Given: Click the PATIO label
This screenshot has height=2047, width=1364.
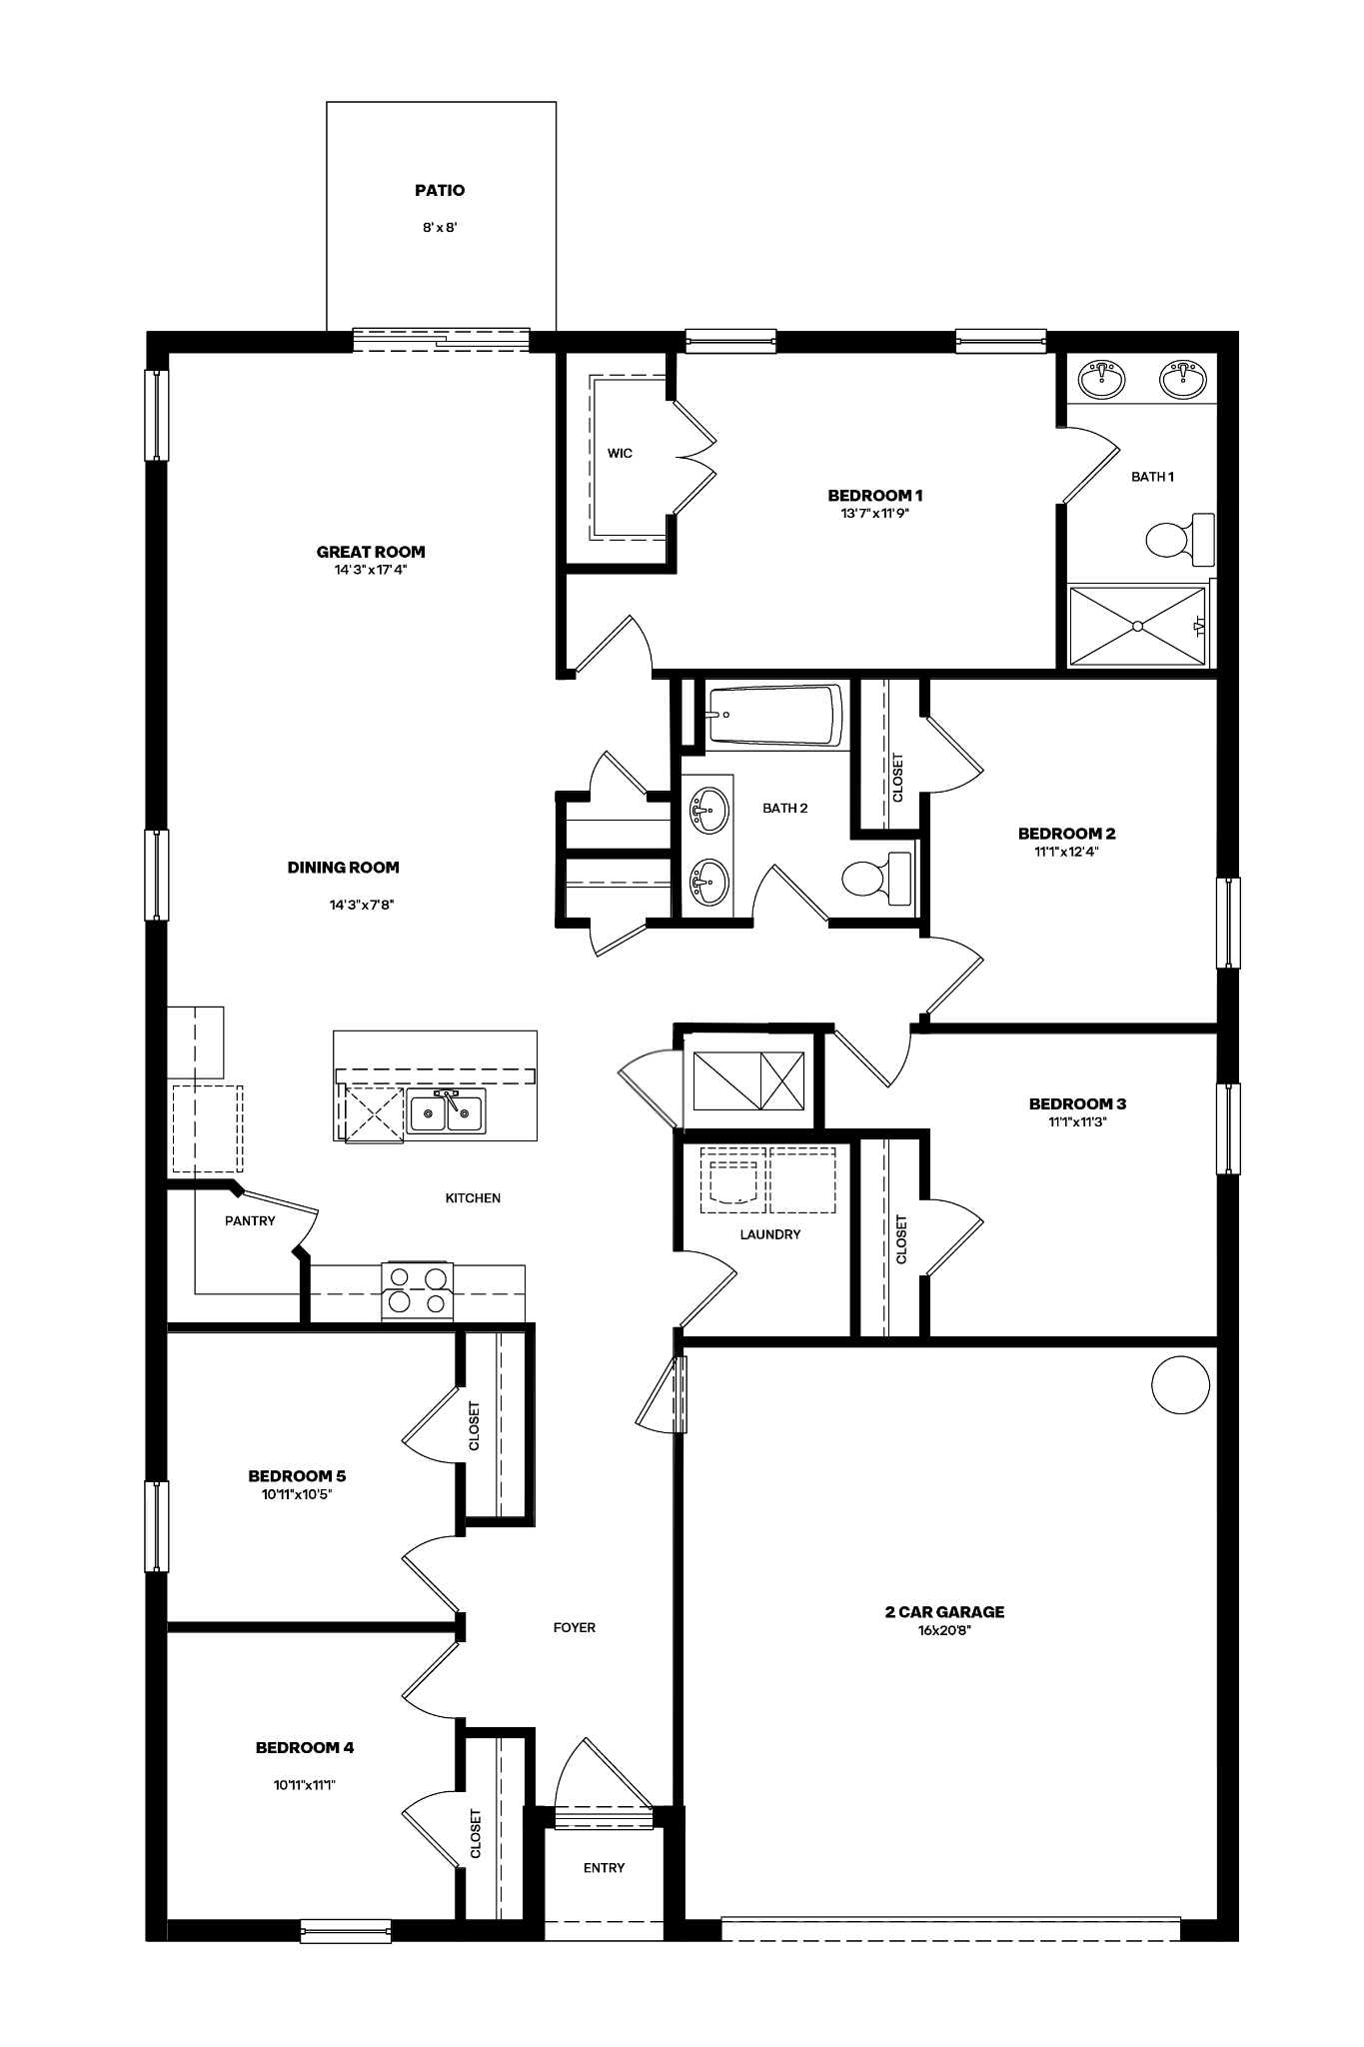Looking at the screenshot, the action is click(x=440, y=190).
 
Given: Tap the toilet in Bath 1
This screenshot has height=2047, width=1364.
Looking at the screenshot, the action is click(x=1179, y=540).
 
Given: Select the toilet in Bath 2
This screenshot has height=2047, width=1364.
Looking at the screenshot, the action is click(x=876, y=879).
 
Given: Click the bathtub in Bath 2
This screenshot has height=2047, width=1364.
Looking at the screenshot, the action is click(x=774, y=715).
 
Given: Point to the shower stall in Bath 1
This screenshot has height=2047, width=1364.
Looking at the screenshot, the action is click(x=1137, y=627).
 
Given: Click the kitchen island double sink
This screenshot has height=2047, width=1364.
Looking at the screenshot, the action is click(x=447, y=1113).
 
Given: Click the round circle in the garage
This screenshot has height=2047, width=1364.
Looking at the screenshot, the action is click(x=1181, y=1384).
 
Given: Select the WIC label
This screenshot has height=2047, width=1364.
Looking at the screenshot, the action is click(x=620, y=454).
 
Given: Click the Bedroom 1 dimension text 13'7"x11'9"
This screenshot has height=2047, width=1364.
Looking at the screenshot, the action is click(x=874, y=514).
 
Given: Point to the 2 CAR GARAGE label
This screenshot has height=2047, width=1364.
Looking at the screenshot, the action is click(x=944, y=1611).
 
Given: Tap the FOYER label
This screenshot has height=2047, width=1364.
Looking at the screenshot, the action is click(x=575, y=1627).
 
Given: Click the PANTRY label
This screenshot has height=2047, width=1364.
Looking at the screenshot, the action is click(x=250, y=1220).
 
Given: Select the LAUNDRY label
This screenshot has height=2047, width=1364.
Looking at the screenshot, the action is click(x=770, y=1234).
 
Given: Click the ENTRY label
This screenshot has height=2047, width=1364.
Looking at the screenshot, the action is click(x=604, y=1867).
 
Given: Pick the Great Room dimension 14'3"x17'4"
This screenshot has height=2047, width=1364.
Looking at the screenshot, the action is click(x=371, y=570).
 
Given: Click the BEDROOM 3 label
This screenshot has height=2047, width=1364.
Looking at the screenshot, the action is click(x=1077, y=1103).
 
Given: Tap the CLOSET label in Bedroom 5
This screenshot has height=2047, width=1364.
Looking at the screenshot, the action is click(x=475, y=1426).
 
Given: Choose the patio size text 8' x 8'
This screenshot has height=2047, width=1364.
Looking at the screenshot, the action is click(x=440, y=228).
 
